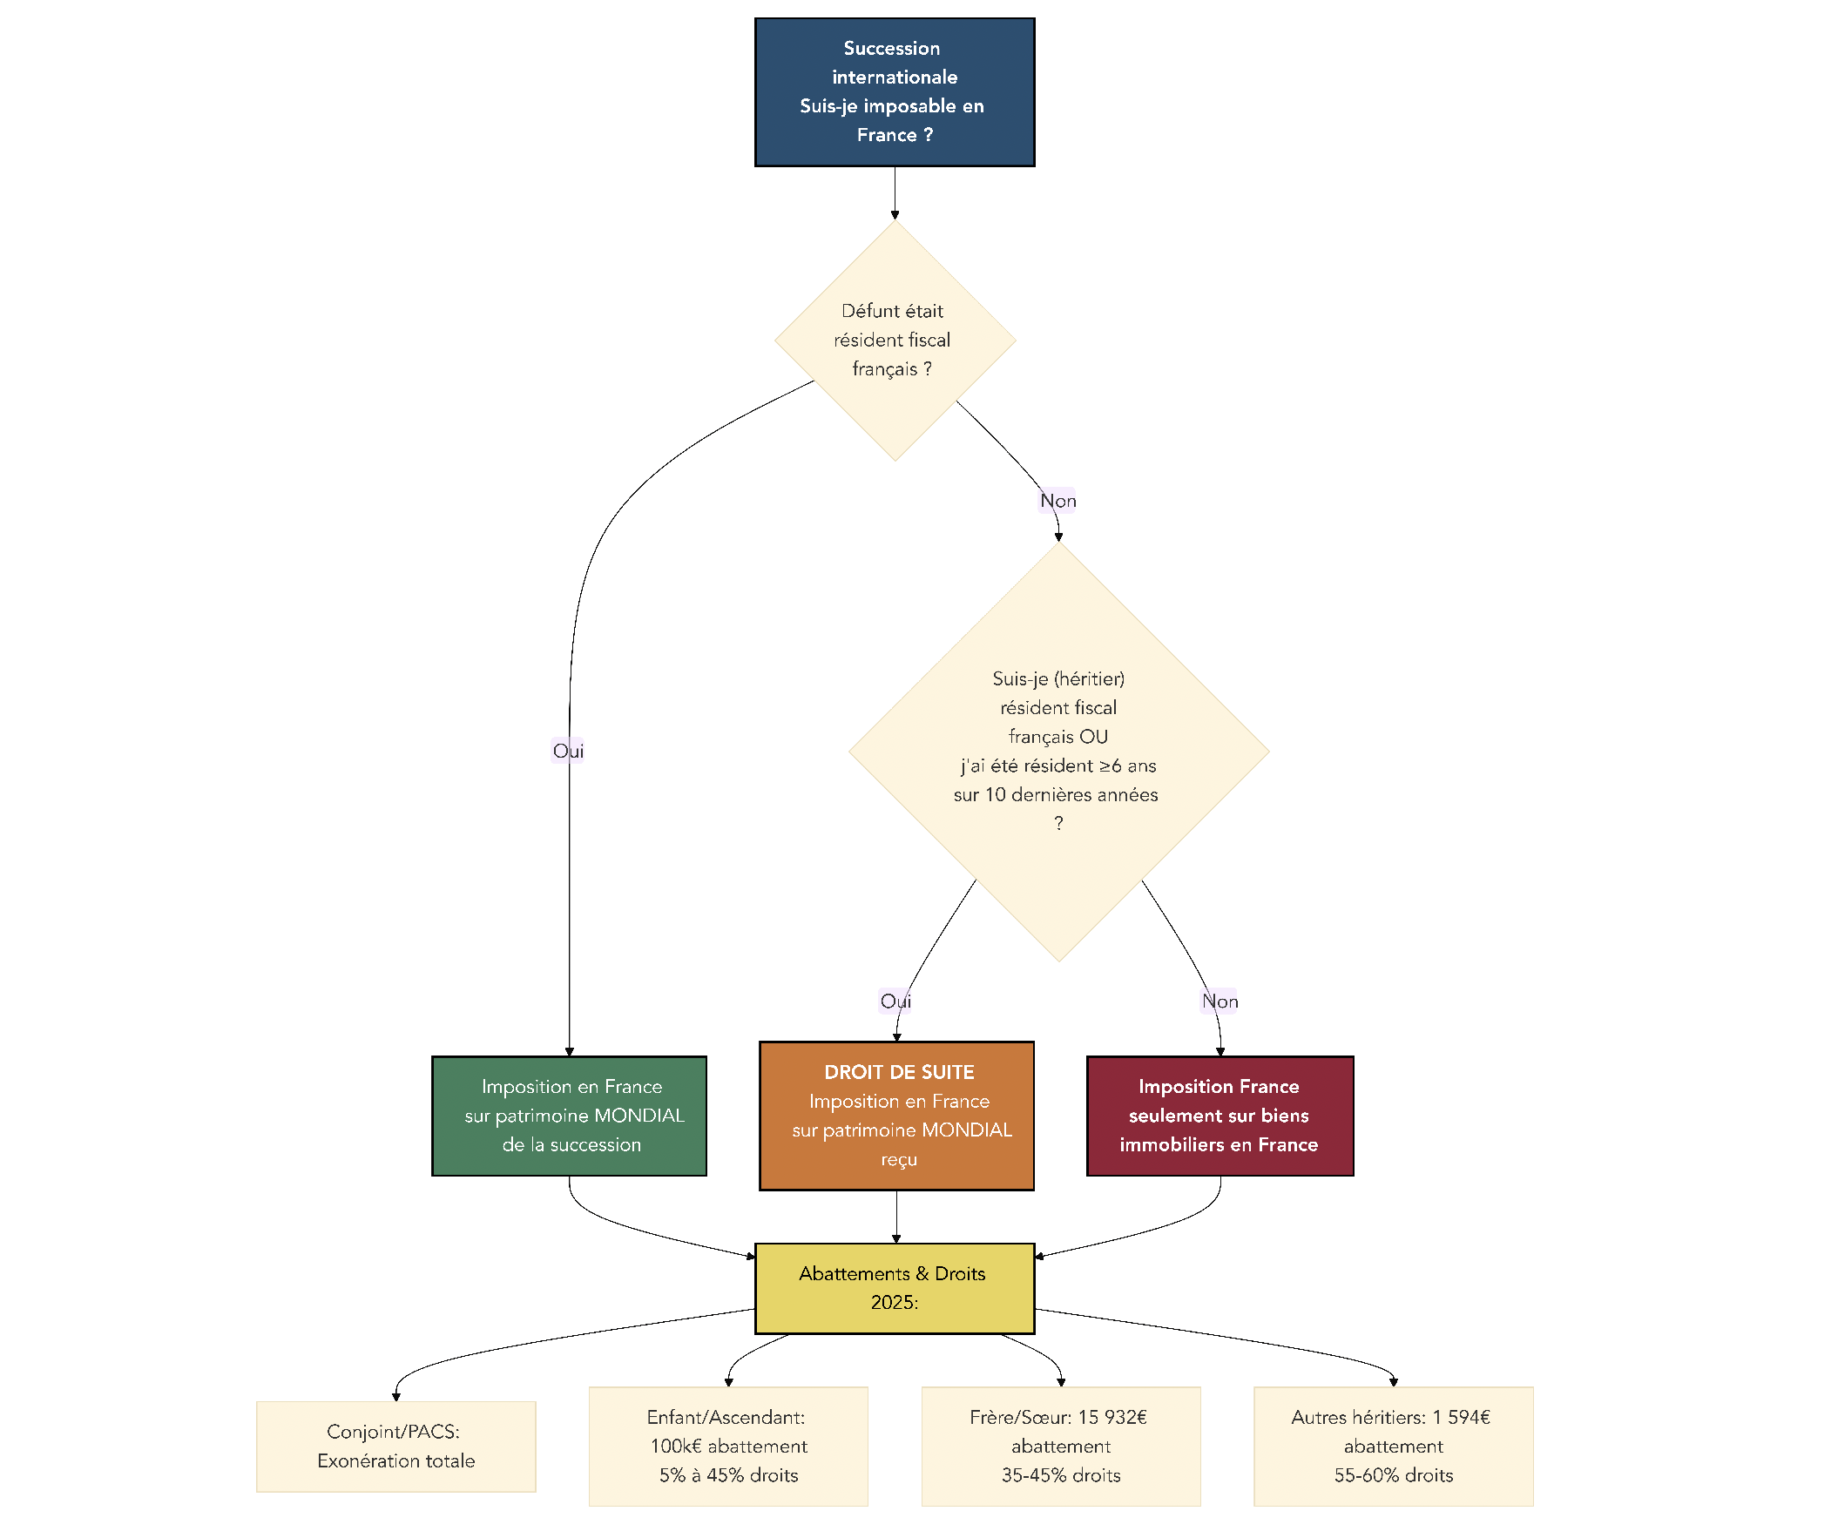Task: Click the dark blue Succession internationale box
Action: coord(894,91)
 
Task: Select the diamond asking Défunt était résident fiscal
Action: coord(894,340)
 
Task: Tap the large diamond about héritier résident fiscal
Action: coord(1057,752)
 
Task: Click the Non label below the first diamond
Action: coord(1057,501)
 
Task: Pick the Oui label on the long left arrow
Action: coord(568,751)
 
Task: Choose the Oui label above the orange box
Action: coord(895,1001)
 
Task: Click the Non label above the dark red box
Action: coord(1220,1001)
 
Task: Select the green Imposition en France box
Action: coord(569,1116)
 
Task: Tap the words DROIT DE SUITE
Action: coord(899,1072)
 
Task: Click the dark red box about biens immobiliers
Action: coord(1220,1116)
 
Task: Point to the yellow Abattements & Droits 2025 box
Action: coord(894,1288)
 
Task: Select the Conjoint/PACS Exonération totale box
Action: coord(395,1447)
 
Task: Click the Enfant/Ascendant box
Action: coord(728,1447)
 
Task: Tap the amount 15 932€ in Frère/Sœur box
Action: coord(1111,1418)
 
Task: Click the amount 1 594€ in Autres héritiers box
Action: coord(1461,1418)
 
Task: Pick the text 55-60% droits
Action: coord(1394,1475)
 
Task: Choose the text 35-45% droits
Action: coord(1060,1475)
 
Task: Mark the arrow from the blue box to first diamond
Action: coord(895,193)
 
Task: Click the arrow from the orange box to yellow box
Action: coord(896,1217)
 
